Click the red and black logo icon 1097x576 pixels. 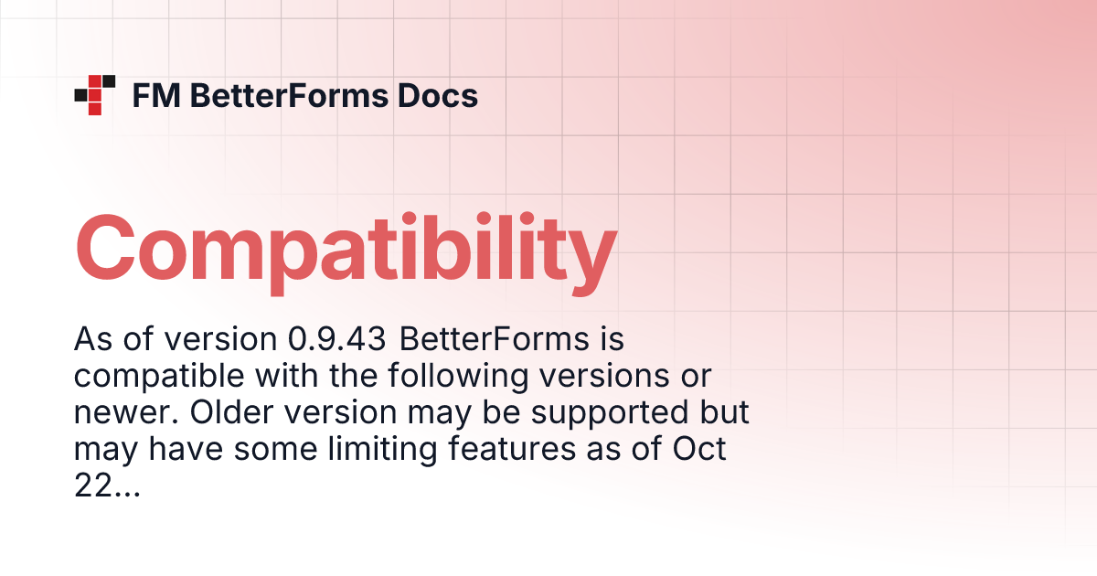94,94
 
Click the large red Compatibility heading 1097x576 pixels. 346,248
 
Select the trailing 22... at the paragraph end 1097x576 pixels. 106,486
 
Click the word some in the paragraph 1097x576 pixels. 253,450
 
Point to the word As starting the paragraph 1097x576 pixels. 92,340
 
